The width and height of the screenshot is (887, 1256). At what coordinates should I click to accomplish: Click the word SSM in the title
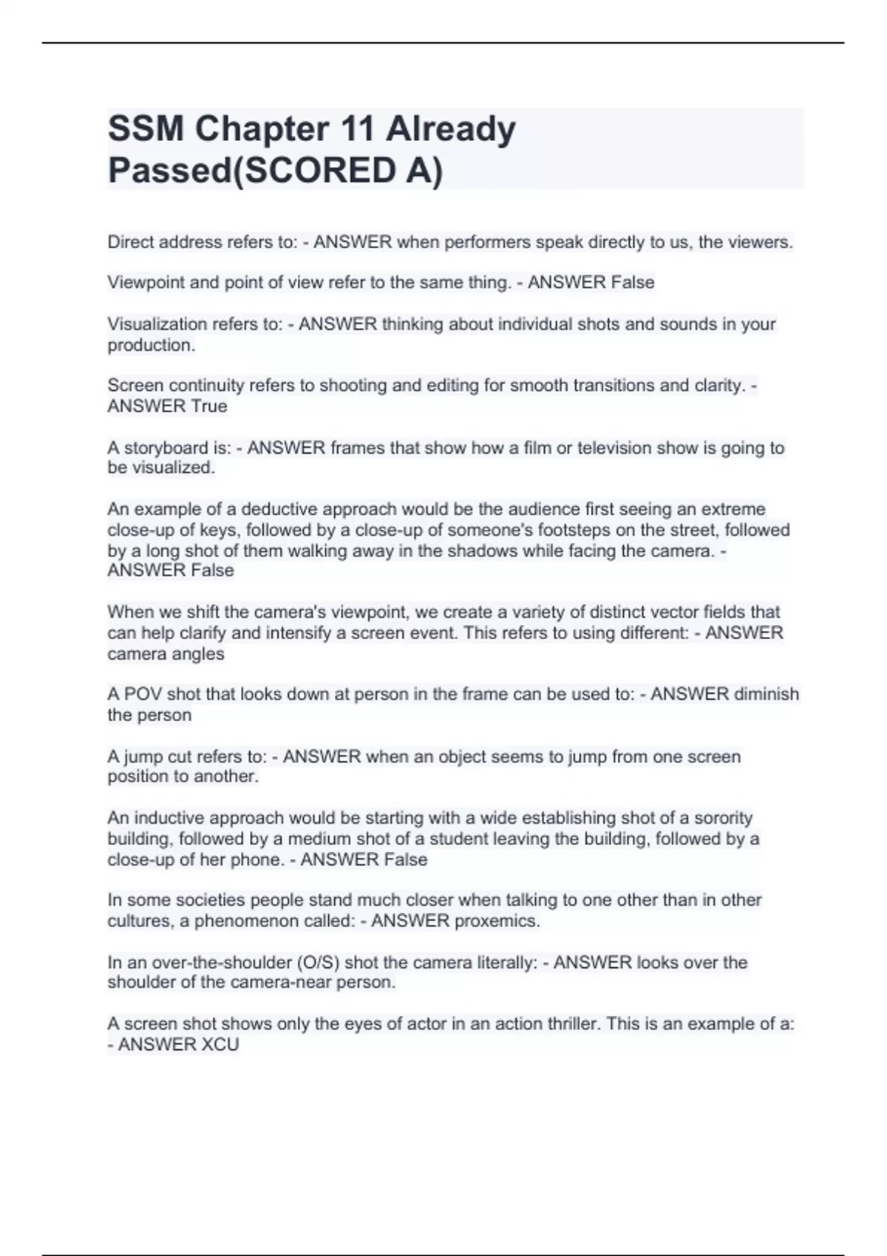point(146,129)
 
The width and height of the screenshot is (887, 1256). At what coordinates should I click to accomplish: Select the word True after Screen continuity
point(209,406)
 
